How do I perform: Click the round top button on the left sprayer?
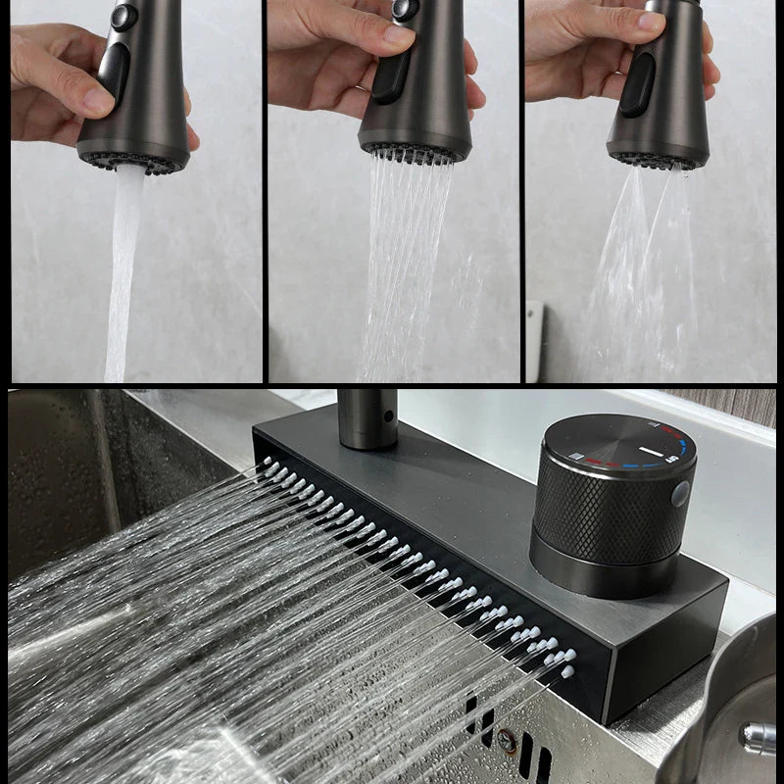124,16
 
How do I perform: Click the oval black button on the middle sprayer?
388,76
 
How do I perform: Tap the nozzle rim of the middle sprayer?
413,152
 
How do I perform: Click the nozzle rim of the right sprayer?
657,159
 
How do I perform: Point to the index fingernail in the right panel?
652,21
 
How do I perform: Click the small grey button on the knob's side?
679,494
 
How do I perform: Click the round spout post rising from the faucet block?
367,416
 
